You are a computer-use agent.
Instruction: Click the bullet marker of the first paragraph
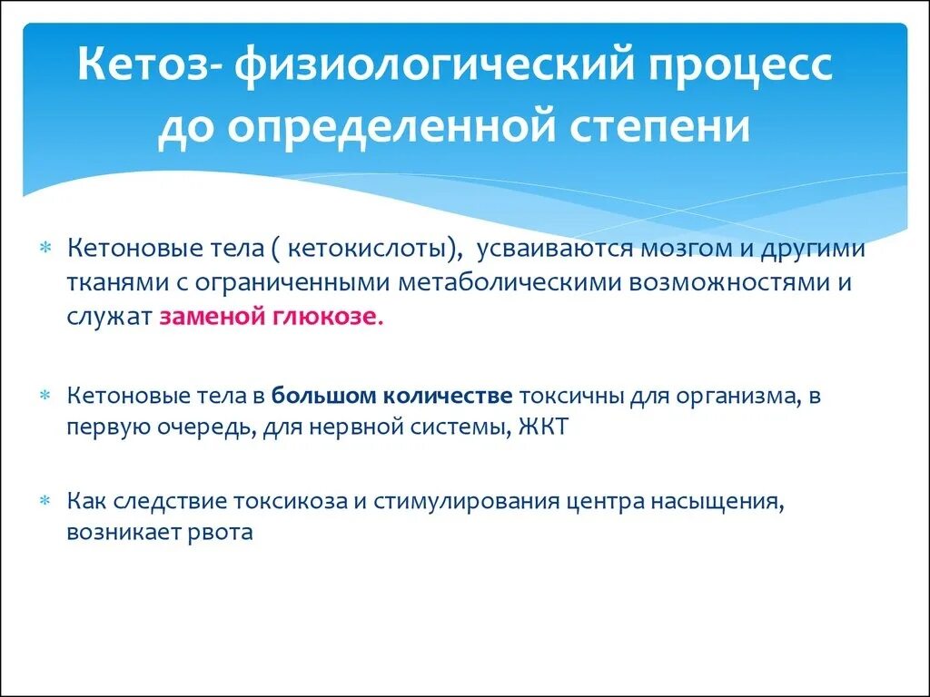pos(47,250)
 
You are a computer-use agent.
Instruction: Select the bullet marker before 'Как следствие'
pos(47,501)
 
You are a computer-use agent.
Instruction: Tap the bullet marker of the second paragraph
pos(47,397)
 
